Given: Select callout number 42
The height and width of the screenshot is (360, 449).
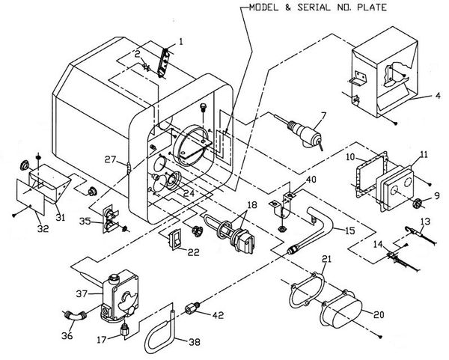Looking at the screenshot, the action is [x=218, y=315].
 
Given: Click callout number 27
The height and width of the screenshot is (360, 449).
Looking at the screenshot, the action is [x=111, y=159].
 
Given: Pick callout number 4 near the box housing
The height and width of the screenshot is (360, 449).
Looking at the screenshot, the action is [x=438, y=95].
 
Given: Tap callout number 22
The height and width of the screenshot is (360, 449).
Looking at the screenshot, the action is [x=194, y=252].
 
